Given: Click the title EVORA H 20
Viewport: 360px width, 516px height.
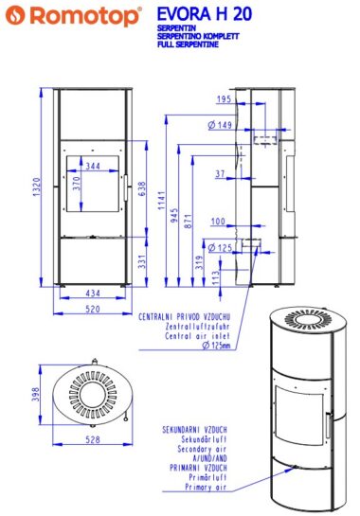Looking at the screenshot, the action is coord(205,14).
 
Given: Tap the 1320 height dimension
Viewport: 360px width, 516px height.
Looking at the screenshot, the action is coord(37,187).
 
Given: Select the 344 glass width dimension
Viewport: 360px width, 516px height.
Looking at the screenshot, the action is coord(93,166).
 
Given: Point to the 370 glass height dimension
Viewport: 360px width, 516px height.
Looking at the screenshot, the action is coord(77,184).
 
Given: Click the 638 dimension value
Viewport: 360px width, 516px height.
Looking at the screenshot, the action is coord(141,189).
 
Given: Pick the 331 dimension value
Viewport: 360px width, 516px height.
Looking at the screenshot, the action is coord(141,261).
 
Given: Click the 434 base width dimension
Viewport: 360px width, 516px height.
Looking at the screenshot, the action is coord(93,293).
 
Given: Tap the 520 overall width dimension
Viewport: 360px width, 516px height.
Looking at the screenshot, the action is coord(93,309).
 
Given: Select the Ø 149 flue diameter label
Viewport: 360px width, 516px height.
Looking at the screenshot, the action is coord(220,125).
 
